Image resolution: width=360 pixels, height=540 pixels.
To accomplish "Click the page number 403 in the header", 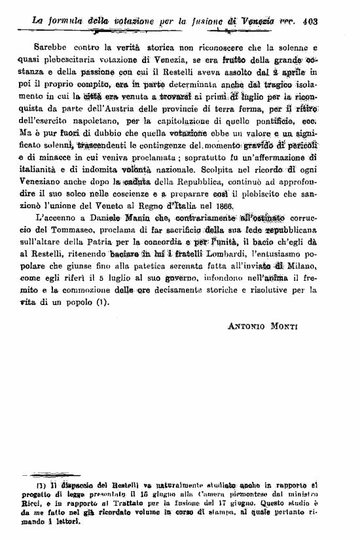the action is click(x=311, y=20).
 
